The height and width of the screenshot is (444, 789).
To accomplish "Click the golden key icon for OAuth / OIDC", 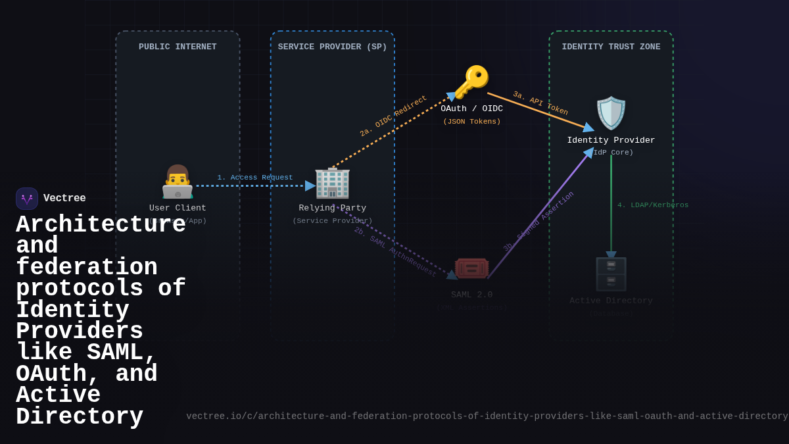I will [471, 82].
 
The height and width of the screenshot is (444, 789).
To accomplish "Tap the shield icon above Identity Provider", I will [611, 113].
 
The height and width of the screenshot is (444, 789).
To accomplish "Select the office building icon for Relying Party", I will [332, 182].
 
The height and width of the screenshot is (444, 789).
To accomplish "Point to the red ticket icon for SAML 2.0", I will [471, 268].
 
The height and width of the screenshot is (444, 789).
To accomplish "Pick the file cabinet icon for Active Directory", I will [611, 274].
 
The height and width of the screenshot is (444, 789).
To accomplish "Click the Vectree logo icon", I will [27, 199].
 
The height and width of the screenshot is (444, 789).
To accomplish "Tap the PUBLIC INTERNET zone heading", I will [178, 47].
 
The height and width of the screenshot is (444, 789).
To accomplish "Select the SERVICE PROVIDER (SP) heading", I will [332, 47].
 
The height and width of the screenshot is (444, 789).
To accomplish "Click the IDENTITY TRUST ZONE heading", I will [611, 47].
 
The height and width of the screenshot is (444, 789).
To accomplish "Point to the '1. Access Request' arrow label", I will [255, 178].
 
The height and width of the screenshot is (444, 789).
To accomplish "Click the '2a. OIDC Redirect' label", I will [393, 116].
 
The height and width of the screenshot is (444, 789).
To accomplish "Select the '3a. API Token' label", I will [540, 103].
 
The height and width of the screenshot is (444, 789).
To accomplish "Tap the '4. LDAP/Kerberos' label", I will [653, 205].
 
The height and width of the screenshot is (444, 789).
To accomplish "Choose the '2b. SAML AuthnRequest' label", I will [395, 253].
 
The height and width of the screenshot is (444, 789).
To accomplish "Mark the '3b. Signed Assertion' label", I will [538, 221].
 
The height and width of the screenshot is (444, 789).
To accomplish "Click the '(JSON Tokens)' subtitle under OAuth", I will [471, 122].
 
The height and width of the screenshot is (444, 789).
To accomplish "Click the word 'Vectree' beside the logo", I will [64, 199].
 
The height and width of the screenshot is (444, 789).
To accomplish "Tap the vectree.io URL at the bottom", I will [487, 416].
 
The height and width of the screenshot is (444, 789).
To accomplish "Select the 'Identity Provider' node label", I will [611, 141].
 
